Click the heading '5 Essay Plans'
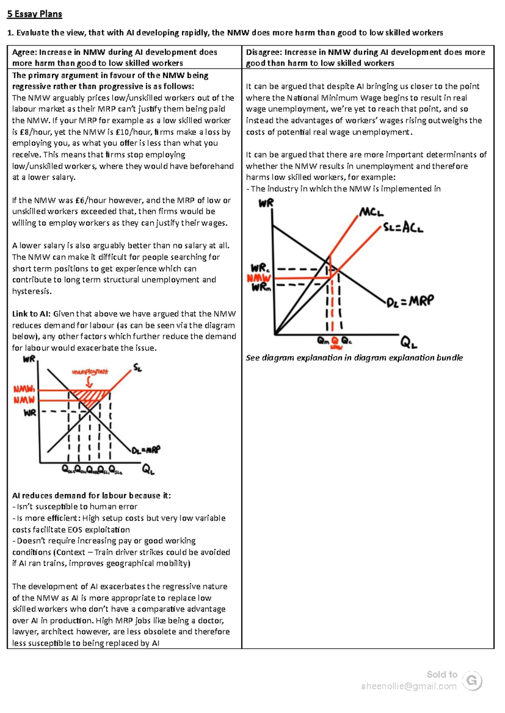click(35, 14)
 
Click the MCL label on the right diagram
click(371, 212)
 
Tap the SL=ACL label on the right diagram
click(403, 228)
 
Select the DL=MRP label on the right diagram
click(410, 301)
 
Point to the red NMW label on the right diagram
click(258, 278)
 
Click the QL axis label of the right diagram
click(408, 343)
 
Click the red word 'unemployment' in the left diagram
click(90, 372)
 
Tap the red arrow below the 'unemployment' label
click(89, 382)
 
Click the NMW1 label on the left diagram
click(24, 389)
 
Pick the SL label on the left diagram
click(137, 368)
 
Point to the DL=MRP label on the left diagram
click(146, 450)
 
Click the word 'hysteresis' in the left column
click(32, 291)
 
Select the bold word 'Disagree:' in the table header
click(264, 53)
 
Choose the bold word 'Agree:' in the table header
click(24, 53)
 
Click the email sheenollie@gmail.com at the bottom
click(409, 686)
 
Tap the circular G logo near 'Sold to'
click(472, 681)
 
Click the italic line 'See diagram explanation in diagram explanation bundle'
click(354, 358)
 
